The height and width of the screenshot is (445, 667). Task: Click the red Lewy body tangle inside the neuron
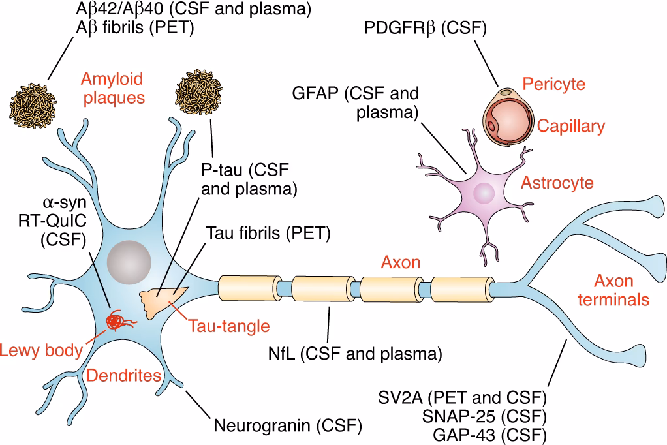[x=118, y=320]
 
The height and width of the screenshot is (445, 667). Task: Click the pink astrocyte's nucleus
[x=484, y=192]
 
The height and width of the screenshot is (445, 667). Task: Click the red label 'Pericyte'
[x=554, y=84]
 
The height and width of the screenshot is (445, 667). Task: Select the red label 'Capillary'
[x=571, y=126]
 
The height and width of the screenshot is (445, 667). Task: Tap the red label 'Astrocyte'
[x=557, y=182]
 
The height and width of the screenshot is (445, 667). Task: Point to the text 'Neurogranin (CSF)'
[x=288, y=427]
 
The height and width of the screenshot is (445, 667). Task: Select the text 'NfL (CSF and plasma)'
[x=355, y=354]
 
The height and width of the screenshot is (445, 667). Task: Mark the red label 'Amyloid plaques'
[x=112, y=89]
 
